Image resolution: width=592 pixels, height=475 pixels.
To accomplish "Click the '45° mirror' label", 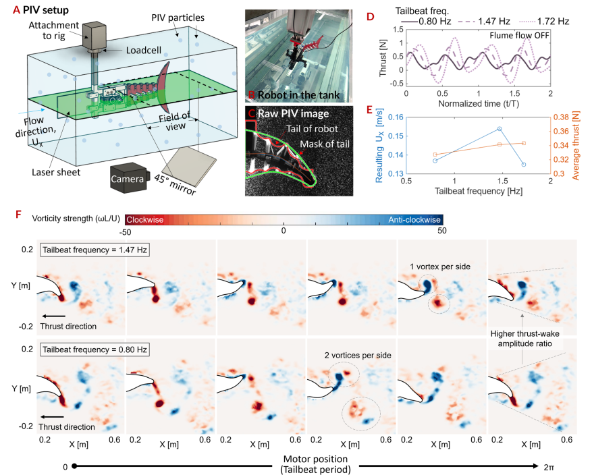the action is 176,185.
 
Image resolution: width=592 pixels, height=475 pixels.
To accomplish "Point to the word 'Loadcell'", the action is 144,50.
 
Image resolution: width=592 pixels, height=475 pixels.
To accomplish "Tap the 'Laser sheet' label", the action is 56,173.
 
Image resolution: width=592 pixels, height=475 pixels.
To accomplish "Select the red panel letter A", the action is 16,10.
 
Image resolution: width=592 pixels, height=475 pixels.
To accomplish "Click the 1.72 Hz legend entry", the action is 544,21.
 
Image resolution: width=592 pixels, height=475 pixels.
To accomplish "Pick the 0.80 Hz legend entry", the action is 426,21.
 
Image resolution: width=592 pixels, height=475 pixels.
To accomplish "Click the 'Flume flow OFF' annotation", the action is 519,36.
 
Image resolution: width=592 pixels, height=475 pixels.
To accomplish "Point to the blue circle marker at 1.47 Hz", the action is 500,129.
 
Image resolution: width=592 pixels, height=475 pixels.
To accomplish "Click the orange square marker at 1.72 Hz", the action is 524,143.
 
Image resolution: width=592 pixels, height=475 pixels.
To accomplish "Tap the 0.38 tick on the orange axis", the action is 561,117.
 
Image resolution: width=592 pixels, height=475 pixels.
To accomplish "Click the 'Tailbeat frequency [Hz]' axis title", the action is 479,191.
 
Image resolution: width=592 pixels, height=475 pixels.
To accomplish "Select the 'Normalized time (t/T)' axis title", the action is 479,103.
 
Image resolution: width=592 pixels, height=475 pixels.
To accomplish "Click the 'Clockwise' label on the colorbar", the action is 145,219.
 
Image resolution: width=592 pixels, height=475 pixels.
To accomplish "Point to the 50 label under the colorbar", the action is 442,231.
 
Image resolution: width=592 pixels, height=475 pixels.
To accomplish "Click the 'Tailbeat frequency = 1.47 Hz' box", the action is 95,250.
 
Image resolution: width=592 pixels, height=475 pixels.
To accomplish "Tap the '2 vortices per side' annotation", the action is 358,355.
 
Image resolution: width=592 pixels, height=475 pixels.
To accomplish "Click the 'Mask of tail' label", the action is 325,144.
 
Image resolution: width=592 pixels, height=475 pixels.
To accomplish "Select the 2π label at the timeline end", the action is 549,467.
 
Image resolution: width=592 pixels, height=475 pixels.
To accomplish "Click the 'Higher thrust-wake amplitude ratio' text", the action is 524,339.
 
